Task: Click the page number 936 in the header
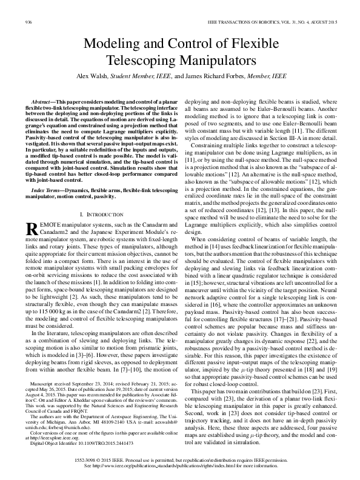coord(27,22)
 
